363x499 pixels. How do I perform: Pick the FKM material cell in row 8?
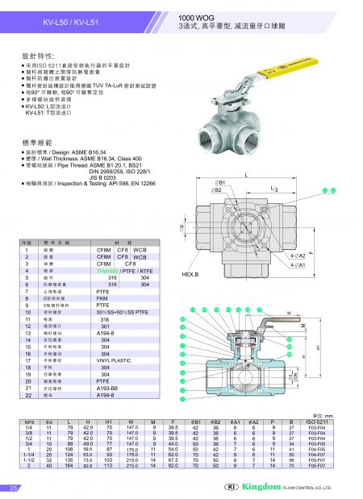(103, 297)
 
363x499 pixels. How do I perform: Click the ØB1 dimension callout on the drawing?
(219, 181)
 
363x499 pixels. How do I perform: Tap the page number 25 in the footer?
(14, 489)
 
